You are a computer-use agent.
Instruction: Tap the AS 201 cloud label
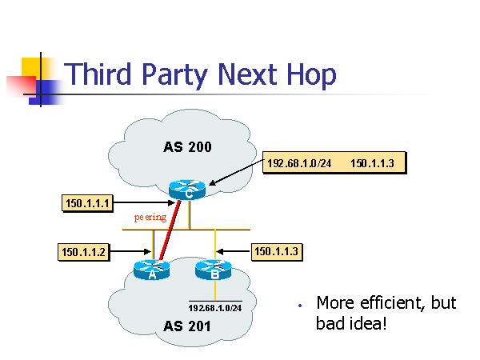coord(187,326)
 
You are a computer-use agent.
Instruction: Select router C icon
coord(188,190)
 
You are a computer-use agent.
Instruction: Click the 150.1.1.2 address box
coord(83,253)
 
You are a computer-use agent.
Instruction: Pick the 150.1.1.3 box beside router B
coord(276,252)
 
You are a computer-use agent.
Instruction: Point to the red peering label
coord(150,217)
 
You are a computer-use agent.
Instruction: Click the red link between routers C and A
coord(175,232)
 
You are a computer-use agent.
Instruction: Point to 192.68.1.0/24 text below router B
coord(214,307)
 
